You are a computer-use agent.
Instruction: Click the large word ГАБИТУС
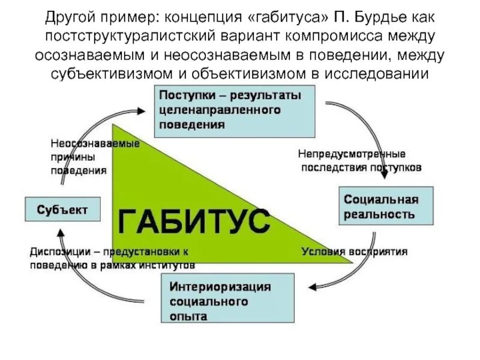pos(193,221)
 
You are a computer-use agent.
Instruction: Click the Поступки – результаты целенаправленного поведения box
pos(235,110)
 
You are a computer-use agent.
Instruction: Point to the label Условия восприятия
pos(354,251)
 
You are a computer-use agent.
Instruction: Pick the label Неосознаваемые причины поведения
pos(95,157)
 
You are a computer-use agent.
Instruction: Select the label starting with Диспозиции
pos(112,257)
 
